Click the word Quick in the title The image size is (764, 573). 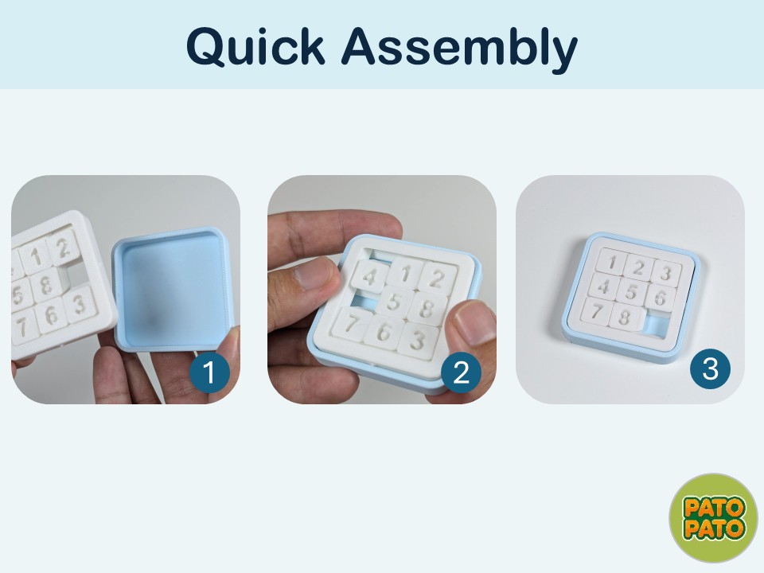(x=255, y=47)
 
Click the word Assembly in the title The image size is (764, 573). (x=459, y=49)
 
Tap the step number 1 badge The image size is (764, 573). (x=209, y=372)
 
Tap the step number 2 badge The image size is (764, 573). (x=461, y=372)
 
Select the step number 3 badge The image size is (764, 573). (x=710, y=368)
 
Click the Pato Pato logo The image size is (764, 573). (x=714, y=517)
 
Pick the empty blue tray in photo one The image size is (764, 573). (x=173, y=288)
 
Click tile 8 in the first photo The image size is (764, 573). (x=46, y=285)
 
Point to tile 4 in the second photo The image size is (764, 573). (x=370, y=277)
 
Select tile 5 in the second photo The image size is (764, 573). (x=394, y=302)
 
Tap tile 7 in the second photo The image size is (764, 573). (x=351, y=323)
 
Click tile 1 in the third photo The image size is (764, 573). (x=612, y=262)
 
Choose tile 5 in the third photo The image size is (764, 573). (x=631, y=292)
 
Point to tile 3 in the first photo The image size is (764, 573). (x=80, y=305)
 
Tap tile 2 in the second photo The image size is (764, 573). (x=437, y=279)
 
